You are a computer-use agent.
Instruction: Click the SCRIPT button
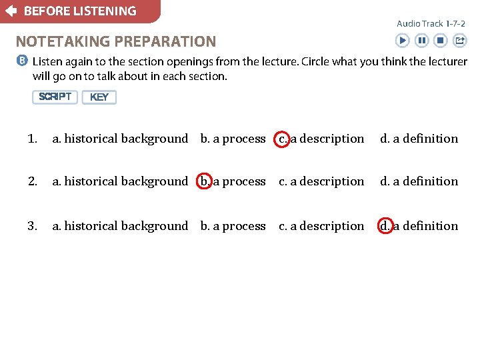click(55, 97)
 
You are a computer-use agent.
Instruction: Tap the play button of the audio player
click(402, 41)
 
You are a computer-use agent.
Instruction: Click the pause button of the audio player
click(421, 41)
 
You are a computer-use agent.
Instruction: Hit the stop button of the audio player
click(440, 41)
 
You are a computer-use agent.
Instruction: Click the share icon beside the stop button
click(459, 41)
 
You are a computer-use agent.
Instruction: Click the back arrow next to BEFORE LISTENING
click(11, 11)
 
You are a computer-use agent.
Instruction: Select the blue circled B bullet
click(22, 61)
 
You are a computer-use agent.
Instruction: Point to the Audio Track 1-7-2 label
click(431, 23)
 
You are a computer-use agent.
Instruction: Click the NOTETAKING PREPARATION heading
click(116, 41)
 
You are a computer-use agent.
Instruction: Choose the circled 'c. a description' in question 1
click(321, 139)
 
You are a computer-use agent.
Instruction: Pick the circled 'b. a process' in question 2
click(233, 181)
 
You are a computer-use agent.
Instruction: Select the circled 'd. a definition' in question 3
click(419, 226)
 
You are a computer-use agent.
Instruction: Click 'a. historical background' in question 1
click(121, 139)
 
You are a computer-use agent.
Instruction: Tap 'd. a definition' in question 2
click(419, 181)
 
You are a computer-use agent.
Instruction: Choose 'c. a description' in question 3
click(321, 226)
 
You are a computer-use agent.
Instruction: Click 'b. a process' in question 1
click(233, 139)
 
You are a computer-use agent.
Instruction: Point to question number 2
click(32, 181)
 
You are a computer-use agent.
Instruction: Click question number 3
click(32, 226)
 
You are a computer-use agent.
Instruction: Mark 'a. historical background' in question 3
click(121, 226)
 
